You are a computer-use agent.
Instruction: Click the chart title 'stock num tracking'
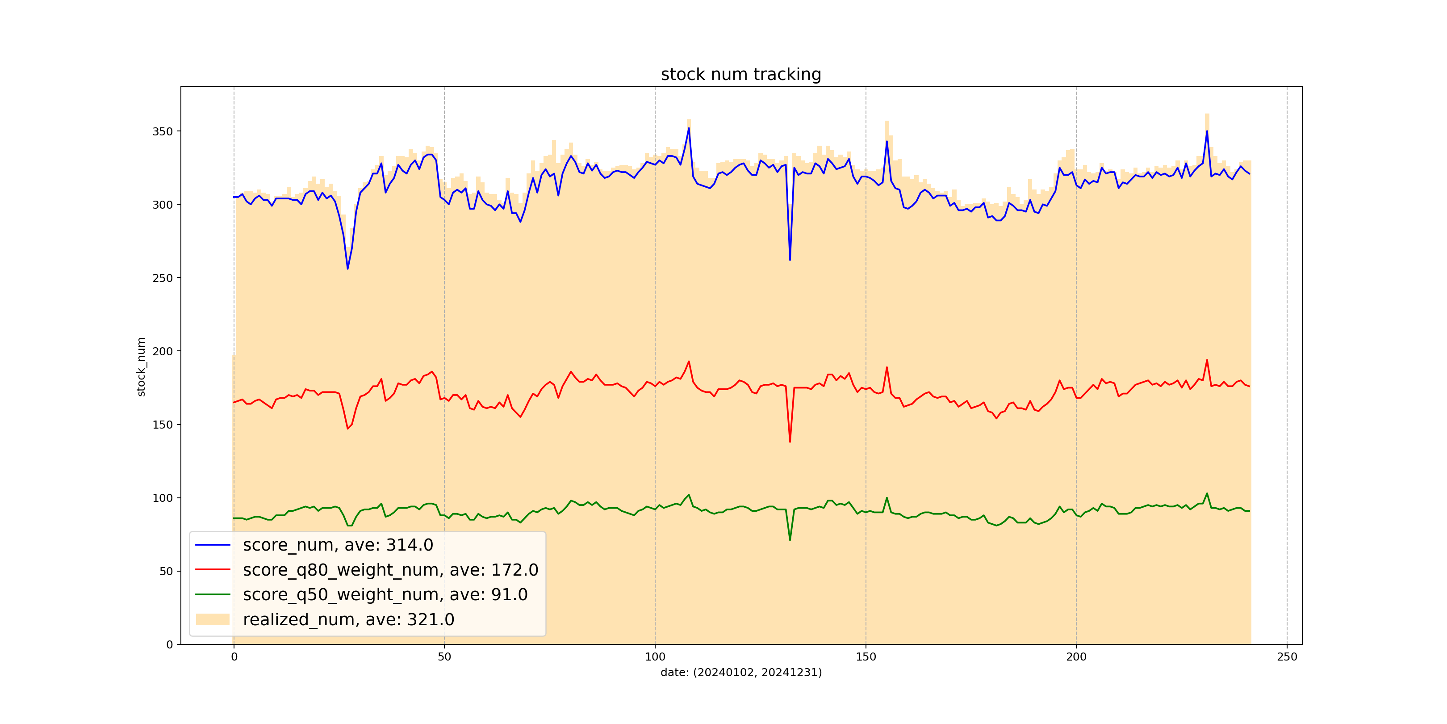pyautogui.click(x=741, y=74)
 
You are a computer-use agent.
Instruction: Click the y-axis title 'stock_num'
pyautogui.click(x=141, y=366)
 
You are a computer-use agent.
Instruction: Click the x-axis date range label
pyautogui.click(x=741, y=672)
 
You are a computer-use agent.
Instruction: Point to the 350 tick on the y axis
pyautogui.click(x=162, y=131)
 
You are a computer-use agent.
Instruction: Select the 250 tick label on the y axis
pyautogui.click(x=162, y=278)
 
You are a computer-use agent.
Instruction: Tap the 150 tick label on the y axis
pyautogui.click(x=162, y=425)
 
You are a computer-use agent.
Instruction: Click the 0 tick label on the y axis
pyautogui.click(x=170, y=645)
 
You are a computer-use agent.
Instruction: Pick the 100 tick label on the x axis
pyautogui.click(x=655, y=657)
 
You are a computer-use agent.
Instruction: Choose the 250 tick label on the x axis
pyautogui.click(x=1287, y=657)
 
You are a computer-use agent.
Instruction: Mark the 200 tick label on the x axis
pyautogui.click(x=1076, y=657)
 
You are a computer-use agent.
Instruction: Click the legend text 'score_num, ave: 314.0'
pyautogui.click(x=338, y=545)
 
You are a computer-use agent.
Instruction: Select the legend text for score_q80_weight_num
pyautogui.click(x=390, y=570)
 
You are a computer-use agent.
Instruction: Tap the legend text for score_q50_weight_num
pyautogui.click(x=385, y=595)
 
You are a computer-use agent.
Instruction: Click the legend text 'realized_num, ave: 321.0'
pyautogui.click(x=348, y=619)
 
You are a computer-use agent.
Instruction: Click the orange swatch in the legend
pyautogui.click(x=213, y=619)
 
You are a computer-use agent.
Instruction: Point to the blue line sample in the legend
pyautogui.click(x=213, y=545)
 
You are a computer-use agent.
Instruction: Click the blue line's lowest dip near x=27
pyautogui.click(x=348, y=269)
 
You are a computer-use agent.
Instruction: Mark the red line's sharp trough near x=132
pyautogui.click(x=790, y=441)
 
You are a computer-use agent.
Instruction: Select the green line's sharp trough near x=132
pyautogui.click(x=790, y=539)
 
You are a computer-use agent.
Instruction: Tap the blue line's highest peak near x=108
pyautogui.click(x=689, y=129)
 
